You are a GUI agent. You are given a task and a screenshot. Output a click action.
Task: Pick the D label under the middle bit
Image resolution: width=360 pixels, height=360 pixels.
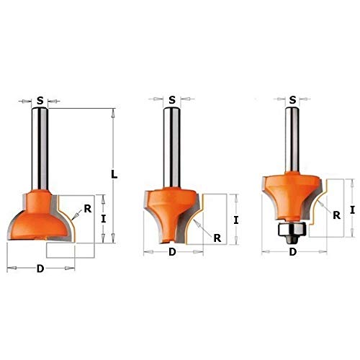click(172, 252)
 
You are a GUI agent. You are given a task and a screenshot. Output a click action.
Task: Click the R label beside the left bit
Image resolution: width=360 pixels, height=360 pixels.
click(87, 209)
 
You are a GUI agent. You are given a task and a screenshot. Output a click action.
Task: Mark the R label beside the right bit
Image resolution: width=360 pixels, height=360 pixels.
click(336, 213)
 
